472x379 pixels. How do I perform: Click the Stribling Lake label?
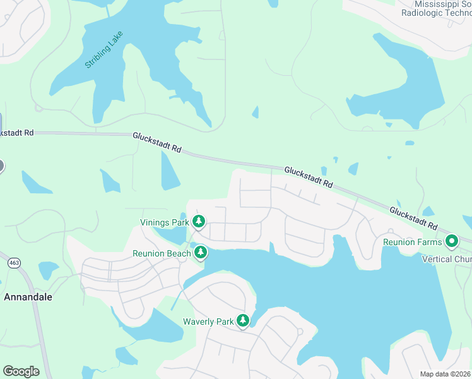point(104,50)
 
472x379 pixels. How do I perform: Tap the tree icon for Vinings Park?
point(199,221)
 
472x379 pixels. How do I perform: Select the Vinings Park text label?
point(164,222)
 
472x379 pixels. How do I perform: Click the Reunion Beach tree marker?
point(201,253)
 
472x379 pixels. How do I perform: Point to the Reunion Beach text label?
point(162,254)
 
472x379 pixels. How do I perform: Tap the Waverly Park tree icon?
point(243,321)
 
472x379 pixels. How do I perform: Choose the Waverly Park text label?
point(208,322)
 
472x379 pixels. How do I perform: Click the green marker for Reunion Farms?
point(452,241)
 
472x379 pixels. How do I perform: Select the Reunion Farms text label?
point(412,242)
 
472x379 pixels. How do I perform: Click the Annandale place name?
point(28,296)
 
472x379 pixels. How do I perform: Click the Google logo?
point(21,371)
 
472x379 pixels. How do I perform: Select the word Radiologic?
point(426,13)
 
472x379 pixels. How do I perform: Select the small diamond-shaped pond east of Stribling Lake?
point(255,112)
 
